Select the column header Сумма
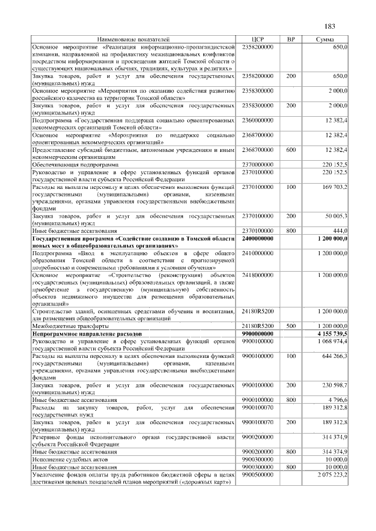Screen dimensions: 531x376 coord(325,39)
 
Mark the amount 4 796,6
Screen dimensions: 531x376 coord(338,400)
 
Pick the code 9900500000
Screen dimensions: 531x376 coord(257,474)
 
